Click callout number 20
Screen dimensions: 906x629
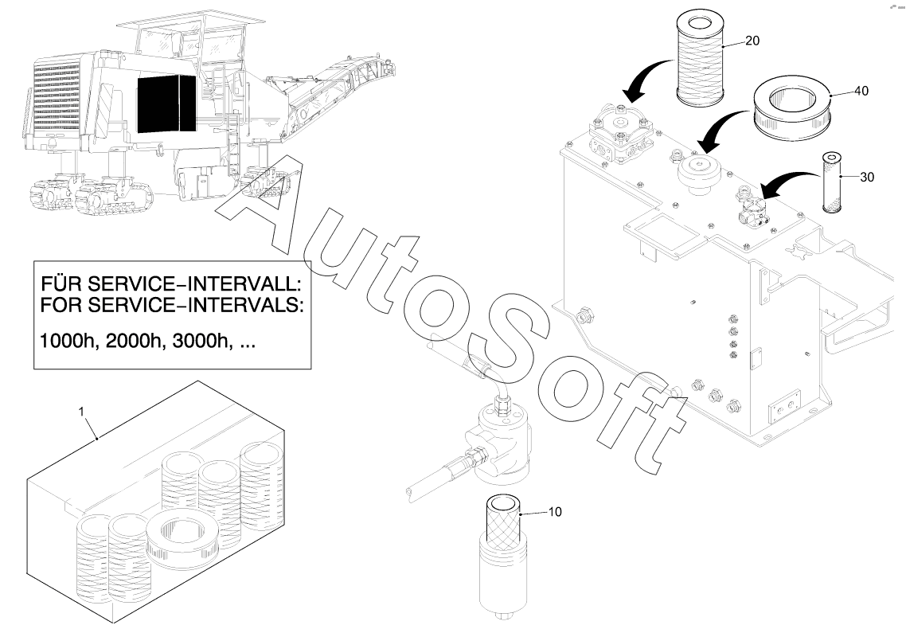click(752, 41)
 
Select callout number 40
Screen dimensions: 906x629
click(861, 92)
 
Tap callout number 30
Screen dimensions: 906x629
click(867, 178)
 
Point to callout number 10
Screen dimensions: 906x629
click(554, 512)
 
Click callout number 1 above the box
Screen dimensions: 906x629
click(81, 412)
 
